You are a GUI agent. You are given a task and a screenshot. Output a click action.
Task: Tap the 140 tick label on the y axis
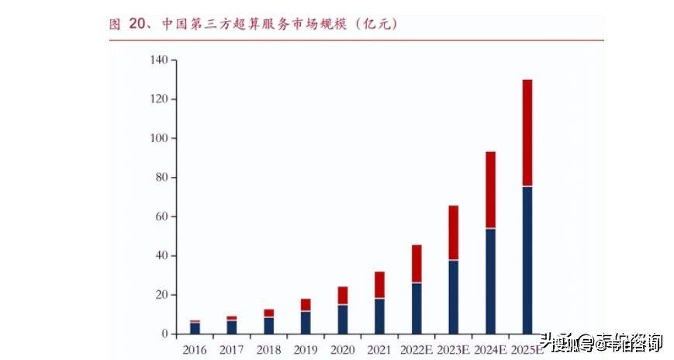point(159,61)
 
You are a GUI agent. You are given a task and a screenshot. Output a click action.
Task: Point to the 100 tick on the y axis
point(159,139)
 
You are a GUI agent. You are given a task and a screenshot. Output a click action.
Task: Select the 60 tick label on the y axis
point(161,217)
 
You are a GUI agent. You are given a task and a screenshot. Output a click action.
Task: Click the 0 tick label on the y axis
point(164,334)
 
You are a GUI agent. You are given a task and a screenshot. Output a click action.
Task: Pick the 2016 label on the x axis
point(195,350)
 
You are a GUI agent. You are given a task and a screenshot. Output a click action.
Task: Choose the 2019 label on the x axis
point(306,350)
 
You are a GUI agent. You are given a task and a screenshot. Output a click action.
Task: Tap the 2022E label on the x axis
point(416,350)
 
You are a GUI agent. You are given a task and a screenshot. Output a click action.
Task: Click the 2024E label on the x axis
point(490,350)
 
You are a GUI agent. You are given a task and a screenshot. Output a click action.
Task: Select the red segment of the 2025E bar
point(527,133)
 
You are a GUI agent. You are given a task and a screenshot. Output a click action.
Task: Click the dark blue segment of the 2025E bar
point(527,260)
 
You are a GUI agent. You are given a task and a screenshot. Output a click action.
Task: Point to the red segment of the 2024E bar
point(490,190)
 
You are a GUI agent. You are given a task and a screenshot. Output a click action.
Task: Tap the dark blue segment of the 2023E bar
point(454,297)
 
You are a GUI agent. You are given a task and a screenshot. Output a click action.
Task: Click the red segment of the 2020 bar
point(343,296)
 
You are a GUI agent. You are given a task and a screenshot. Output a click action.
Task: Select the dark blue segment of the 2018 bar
point(268,326)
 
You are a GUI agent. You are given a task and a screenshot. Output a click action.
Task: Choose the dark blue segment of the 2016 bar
point(195,328)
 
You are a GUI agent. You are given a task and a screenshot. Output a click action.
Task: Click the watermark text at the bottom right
point(602,341)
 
